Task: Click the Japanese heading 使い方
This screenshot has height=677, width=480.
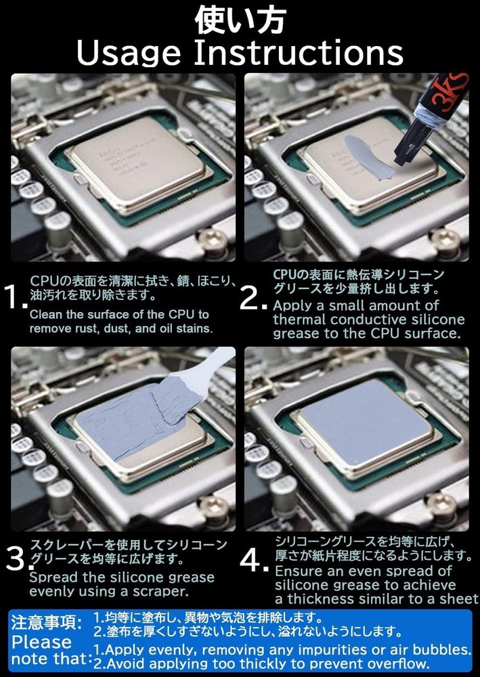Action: [x=240, y=20]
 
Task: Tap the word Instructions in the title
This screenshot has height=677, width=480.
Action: [x=299, y=52]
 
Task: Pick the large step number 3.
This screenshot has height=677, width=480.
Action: [x=16, y=559]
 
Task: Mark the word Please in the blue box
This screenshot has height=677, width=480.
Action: [x=42, y=642]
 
